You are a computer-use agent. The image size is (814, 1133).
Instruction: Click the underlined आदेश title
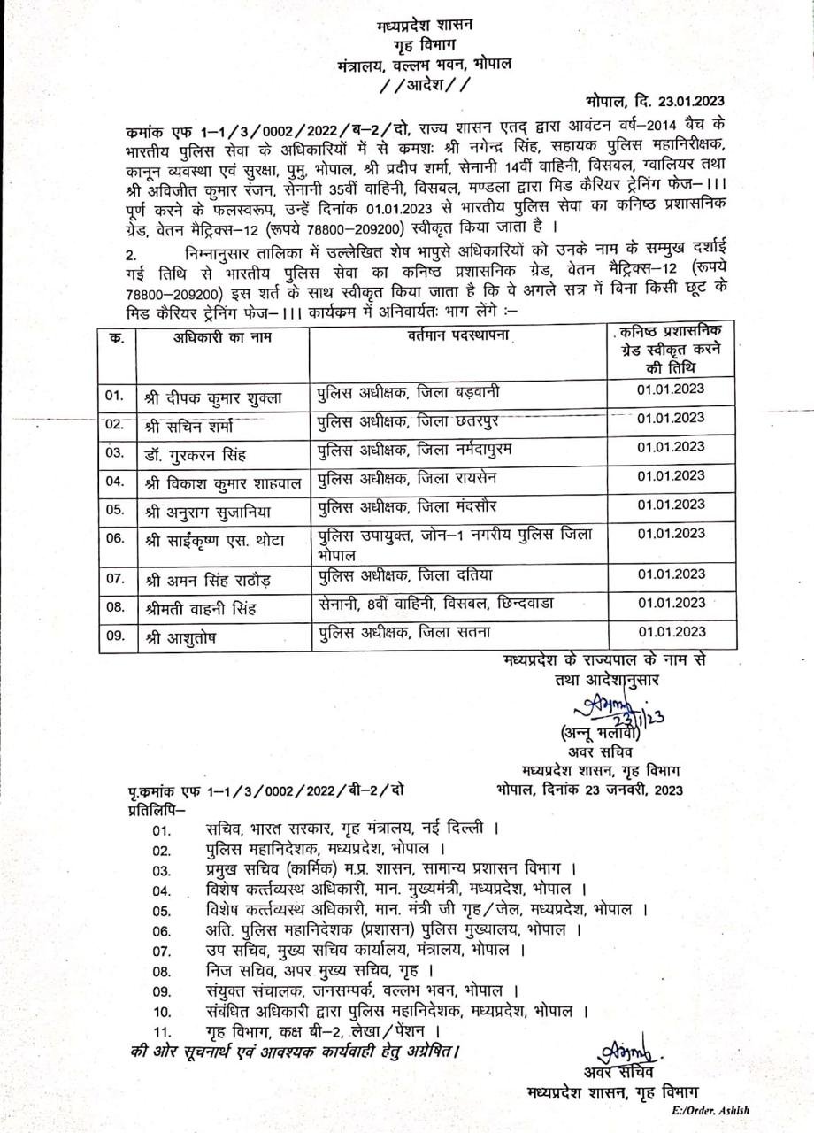coord(419,85)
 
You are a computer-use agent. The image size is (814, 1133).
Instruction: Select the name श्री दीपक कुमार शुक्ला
coord(212,397)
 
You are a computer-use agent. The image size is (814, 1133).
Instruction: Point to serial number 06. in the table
coord(115,538)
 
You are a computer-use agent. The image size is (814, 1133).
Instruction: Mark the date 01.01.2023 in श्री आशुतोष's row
coord(670,632)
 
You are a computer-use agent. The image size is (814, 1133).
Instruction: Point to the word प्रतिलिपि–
coord(150,809)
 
